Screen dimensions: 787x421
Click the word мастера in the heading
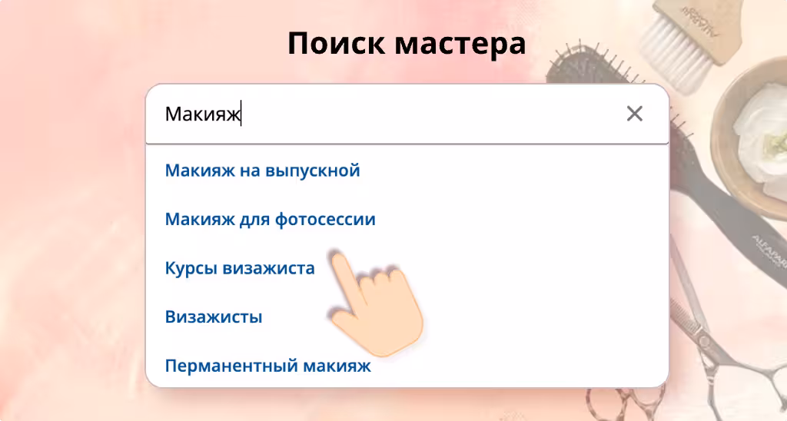coord(460,44)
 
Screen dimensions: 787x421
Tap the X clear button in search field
coord(634,114)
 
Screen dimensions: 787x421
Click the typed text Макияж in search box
coord(203,114)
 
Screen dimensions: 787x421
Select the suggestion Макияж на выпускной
coord(263,171)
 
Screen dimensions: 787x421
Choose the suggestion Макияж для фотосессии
coord(270,219)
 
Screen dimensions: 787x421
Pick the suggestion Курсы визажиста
coord(240,268)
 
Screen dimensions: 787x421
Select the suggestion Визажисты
coord(214,317)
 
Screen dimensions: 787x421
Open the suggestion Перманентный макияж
coord(268,365)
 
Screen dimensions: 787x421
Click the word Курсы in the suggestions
coord(191,268)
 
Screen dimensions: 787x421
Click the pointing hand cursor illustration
coord(377,306)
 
